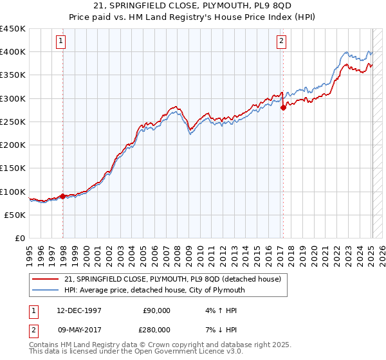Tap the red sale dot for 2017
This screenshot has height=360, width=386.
coord(283,107)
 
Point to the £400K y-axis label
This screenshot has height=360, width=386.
coord(13,51)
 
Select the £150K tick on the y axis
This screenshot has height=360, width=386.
coord(13,168)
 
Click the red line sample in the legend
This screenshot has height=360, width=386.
coord(46,280)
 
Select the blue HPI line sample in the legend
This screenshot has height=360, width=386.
coord(46,291)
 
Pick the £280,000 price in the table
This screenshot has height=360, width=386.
coord(156,329)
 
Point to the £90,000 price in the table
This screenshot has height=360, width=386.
coord(156,310)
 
